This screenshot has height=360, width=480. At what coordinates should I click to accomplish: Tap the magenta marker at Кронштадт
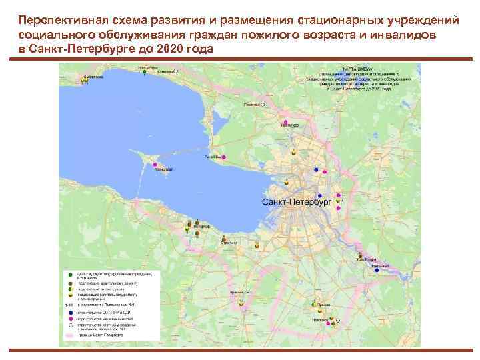(x=155, y=164)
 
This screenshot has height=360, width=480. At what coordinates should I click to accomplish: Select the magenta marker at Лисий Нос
(x=223, y=157)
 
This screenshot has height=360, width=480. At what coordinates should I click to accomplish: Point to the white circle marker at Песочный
(x=263, y=105)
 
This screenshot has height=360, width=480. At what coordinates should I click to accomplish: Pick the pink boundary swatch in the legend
(x=69, y=335)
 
